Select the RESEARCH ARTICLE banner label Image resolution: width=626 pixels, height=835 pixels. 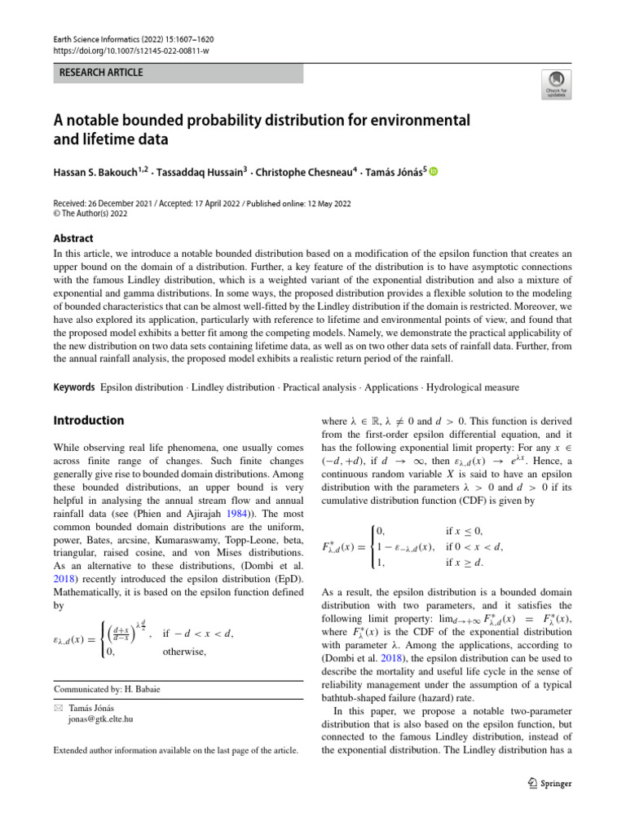click(101, 73)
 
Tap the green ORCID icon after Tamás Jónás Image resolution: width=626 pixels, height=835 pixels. click(433, 171)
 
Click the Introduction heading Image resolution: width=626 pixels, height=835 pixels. click(89, 421)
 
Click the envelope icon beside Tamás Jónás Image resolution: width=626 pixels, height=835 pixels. click(57, 709)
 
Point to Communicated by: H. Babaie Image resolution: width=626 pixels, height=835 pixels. click(107, 689)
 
